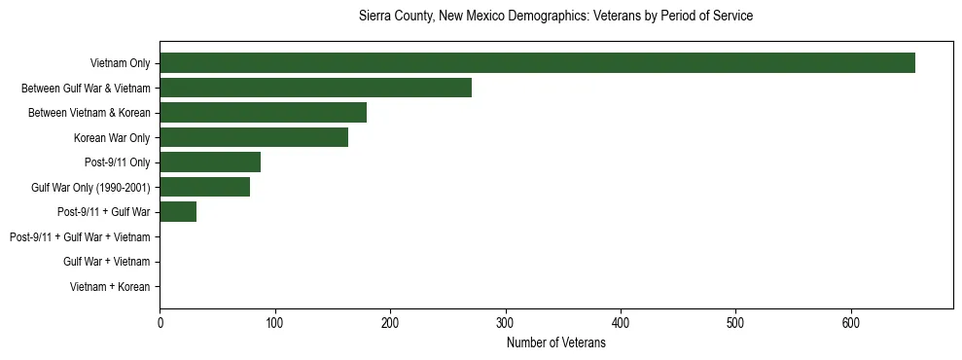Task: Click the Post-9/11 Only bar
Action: coord(210,162)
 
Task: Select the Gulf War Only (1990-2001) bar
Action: coord(204,187)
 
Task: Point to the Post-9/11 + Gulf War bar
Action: coord(178,212)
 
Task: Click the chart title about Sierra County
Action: coord(555,17)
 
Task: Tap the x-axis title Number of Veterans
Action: coord(555,343)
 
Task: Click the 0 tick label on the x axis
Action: coord(160,324)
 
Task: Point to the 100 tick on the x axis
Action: coord(274,324)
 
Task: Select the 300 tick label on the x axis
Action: coord(505,324)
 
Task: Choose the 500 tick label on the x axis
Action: coord(735,324)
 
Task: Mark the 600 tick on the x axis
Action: coord(851,324)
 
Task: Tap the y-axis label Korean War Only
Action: coord(112,138)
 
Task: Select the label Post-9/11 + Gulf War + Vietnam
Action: coord(80,237)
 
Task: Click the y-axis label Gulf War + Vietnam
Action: coord(106,262)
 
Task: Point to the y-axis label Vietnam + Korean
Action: coord(110,287)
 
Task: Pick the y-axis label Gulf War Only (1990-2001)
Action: coord(90,188)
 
